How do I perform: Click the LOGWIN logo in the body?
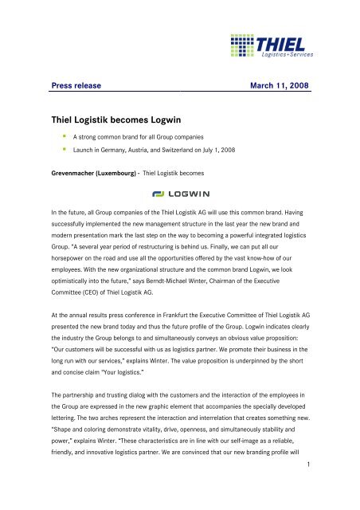(179, 194)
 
